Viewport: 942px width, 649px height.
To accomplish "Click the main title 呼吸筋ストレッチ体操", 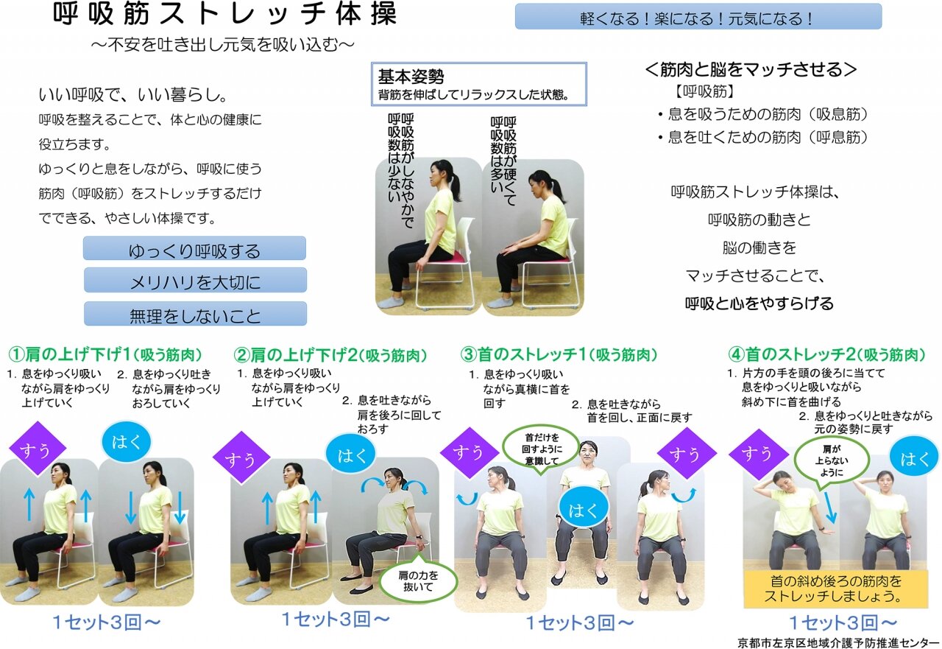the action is [225, 14].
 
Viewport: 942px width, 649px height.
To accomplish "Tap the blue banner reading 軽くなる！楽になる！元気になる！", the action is [698, 17].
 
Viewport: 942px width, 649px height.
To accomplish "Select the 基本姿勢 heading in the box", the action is [411, 76].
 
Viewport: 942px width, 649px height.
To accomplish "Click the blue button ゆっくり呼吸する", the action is [194, 248].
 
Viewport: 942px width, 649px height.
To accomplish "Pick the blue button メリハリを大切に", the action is [195, 280].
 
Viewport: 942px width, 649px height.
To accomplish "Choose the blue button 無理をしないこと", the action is [195, 314].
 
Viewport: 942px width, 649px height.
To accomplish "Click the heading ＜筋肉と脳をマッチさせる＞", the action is [750, 69].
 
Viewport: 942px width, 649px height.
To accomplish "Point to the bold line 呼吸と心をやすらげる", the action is [759, 303].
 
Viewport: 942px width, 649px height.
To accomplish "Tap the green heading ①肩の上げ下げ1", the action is [105, 354].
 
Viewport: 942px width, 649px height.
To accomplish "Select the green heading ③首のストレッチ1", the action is [559, 354].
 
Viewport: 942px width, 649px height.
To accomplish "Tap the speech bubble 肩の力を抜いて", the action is [418, 580].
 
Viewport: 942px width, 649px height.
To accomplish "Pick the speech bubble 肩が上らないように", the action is [832, 461].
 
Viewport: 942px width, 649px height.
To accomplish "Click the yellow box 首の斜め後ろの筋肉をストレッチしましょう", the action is [836, 589].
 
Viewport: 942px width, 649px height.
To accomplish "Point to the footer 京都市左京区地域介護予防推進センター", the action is [838, 642].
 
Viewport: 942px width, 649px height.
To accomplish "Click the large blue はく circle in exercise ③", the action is [584, 511].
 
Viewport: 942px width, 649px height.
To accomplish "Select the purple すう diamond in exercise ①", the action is [37, 449].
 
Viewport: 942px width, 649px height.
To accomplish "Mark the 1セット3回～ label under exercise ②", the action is [336, 619].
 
